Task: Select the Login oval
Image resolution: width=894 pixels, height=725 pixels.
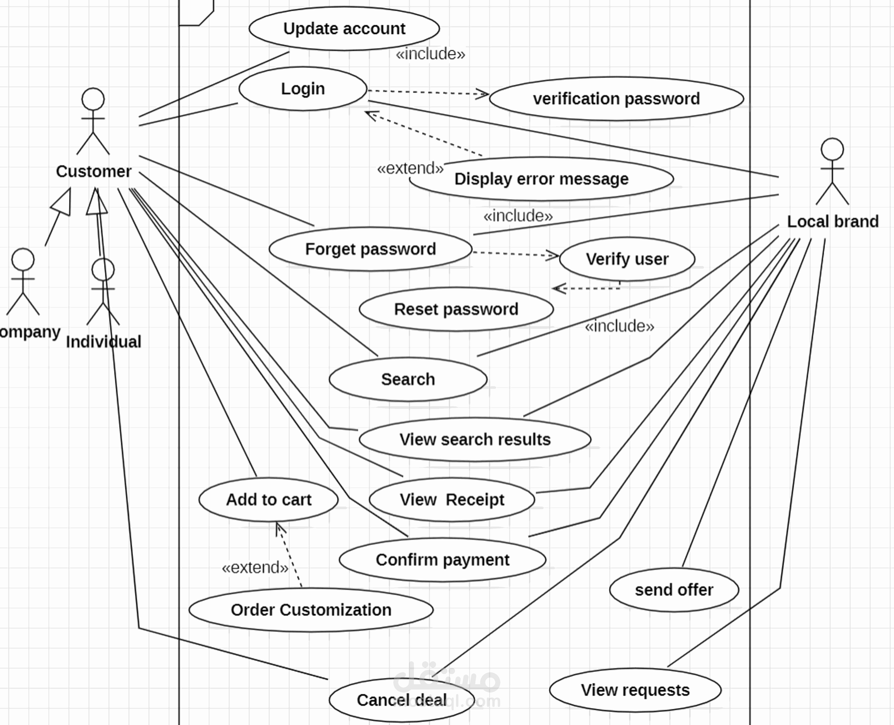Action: click(x=303, y=89)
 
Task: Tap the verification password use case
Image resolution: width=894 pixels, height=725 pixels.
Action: click(x=616, y=99)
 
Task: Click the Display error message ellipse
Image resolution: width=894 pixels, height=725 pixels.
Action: click(x=541, y=179)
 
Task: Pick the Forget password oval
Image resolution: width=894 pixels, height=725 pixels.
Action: click(x=371, y=249)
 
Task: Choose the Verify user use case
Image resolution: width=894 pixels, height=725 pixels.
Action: click(x=627, y=259)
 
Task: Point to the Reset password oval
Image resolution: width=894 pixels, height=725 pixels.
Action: click(x=456, y=309)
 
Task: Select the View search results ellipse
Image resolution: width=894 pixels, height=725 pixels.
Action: click(x=475, y=439)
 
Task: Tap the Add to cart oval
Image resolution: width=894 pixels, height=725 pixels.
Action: click(x=269, y=500)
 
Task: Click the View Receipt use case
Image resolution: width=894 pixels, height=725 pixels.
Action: click(x=452, y=500)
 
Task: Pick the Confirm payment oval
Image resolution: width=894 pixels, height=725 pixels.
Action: click(x=442, y=560)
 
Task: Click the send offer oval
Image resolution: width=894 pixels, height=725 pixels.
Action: click(x=674, y=590)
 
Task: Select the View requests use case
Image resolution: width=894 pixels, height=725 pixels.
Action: click(x=635, y=690)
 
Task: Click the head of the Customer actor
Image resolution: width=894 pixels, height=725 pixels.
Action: click(x=93, y=99)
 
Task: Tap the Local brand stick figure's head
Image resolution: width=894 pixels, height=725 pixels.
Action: click(x=832, y=149)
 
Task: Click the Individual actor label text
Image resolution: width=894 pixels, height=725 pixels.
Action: click(x=104, y=342)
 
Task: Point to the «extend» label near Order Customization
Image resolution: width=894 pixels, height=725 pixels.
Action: click(x=255, y=567)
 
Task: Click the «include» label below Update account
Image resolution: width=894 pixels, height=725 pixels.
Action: click(x=430, y=54)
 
